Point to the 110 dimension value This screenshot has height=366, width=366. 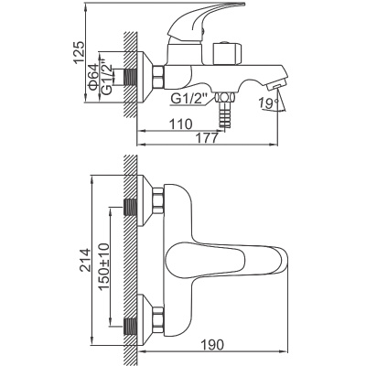tap(181, 123)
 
